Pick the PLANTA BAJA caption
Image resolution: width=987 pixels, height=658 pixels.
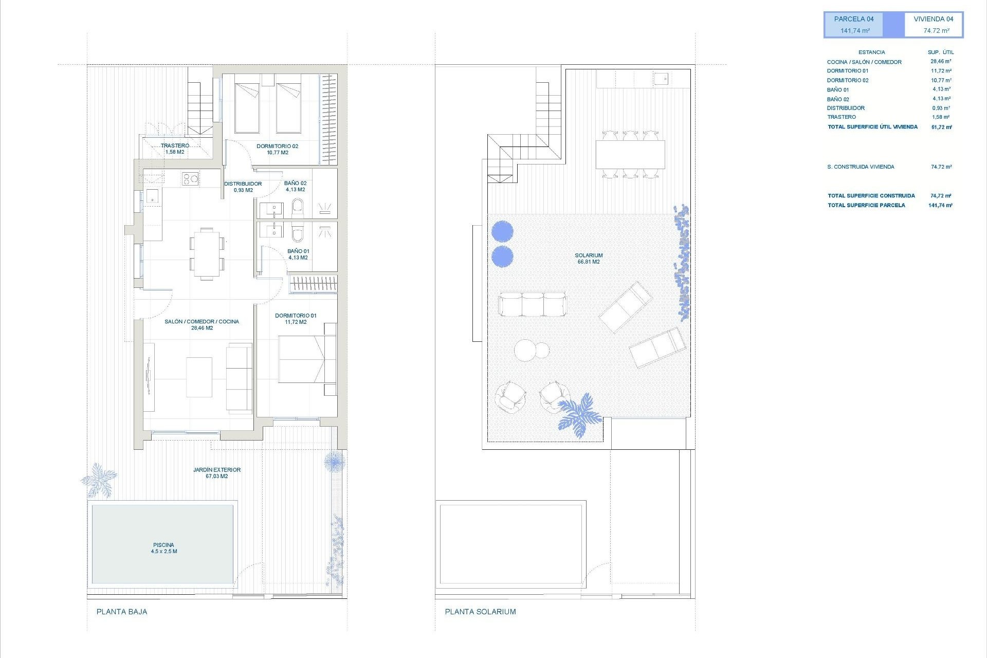(x=122, y=612)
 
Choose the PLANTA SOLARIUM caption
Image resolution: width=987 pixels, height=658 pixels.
(x=480, y=612)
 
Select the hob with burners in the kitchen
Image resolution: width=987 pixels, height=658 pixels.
(x=190, y=179)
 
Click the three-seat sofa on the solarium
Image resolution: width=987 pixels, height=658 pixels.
(x=532, y=304)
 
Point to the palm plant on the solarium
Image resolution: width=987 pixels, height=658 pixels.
(x=580, y=414)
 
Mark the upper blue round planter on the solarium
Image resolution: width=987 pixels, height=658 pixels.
(x=502, y=231)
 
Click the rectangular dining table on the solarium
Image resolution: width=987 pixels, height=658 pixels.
(x=630, y=154)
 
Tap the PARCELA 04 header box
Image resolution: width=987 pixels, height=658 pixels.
(x=854, y=25)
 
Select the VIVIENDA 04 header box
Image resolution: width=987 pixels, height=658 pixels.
(x=934, y=25)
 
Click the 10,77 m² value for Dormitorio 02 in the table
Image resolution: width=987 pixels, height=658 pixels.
(x=941, y=80)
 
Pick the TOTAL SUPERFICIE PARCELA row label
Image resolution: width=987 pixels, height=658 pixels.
(x=866, y=205)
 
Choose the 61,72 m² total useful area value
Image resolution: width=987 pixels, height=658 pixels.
(x=941, y=127)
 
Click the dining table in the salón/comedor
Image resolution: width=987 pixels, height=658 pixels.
(x=207, y=254)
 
